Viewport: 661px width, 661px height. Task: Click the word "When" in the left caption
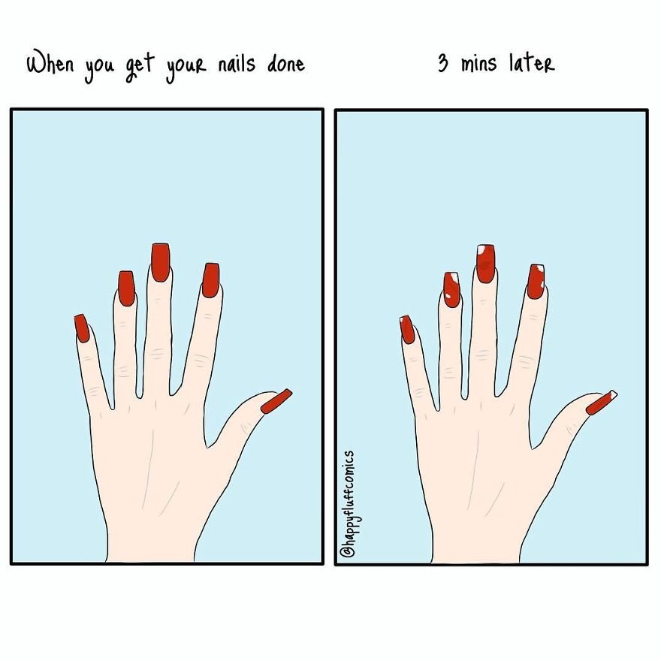(50, 64)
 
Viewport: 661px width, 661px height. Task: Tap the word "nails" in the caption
(237, 64)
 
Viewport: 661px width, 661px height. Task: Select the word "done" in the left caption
(286, 65)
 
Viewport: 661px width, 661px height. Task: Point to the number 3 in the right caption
(442, 63)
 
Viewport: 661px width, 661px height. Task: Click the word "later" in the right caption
(532, 63)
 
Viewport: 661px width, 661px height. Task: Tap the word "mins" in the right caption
(478, 64)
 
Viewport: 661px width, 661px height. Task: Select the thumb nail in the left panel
(276, 401)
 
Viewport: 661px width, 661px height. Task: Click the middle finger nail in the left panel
(160, 262)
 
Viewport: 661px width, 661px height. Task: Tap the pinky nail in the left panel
(81, 328)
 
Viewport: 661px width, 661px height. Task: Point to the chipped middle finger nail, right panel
(486, 264)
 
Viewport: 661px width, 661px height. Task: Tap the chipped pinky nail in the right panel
(407, 330)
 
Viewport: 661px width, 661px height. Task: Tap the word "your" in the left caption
(186, 69)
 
